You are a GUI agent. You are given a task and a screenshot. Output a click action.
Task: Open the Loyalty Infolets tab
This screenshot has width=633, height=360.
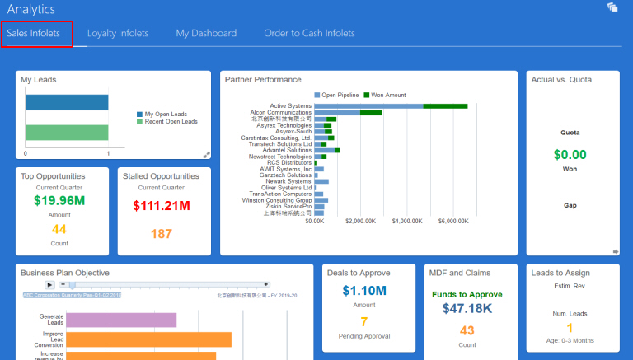pyautogui.click(x=118, y=34)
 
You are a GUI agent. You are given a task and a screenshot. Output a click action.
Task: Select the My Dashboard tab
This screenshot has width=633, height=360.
pyautogui.click(x=206, y=34)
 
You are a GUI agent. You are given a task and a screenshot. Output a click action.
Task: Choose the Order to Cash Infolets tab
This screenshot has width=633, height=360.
pyautogui.click(x=309, y=34)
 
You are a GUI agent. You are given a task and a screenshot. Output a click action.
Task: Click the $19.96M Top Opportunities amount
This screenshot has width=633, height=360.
pyautogui.click(x=59, y=200)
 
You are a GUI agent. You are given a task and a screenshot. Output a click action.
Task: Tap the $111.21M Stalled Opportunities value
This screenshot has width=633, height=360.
pyautogui.click(x=162, y=205)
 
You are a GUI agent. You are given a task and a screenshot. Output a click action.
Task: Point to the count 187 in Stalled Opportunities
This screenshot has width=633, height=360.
pyautogui.click(x=162, y=234)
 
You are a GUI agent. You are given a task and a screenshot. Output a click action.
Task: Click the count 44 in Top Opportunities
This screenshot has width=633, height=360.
pyautogui.click(x=59, y=229)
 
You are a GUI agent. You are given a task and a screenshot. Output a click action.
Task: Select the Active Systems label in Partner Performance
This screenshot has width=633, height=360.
pyautogui.click(x=290, y=105)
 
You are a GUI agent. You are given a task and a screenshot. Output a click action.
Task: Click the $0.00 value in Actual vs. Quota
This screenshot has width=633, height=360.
pyautogui.click(x=570, y=154)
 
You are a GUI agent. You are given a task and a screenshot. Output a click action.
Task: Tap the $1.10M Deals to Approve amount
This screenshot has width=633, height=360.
pyautogui.click(x=363, y=290)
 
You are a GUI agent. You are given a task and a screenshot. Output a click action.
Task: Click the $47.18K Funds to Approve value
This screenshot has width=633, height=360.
pyautogui.click(x=467, y=308)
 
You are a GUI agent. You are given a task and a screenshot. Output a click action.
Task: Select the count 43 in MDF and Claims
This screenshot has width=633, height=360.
pyautogui.click(x=467, y=331)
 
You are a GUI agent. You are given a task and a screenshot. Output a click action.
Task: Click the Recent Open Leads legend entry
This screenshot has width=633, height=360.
pyautogui.click(x=171, y=121)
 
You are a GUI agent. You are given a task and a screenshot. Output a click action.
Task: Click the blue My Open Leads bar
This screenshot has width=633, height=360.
pyautogui.click(x=67, y=102)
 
